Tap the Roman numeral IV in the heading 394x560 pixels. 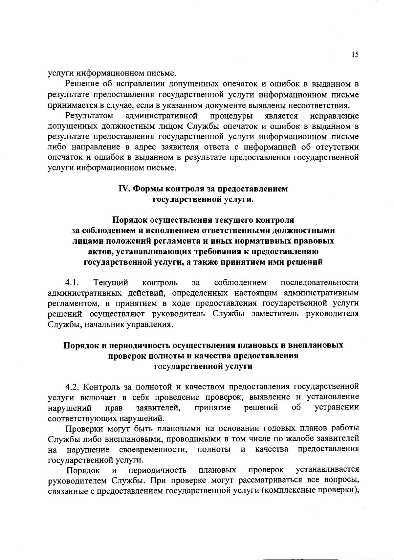(123, 189)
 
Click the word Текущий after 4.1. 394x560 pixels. (110, 282)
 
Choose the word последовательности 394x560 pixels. (320, 282)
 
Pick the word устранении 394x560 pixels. (337, 408)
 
